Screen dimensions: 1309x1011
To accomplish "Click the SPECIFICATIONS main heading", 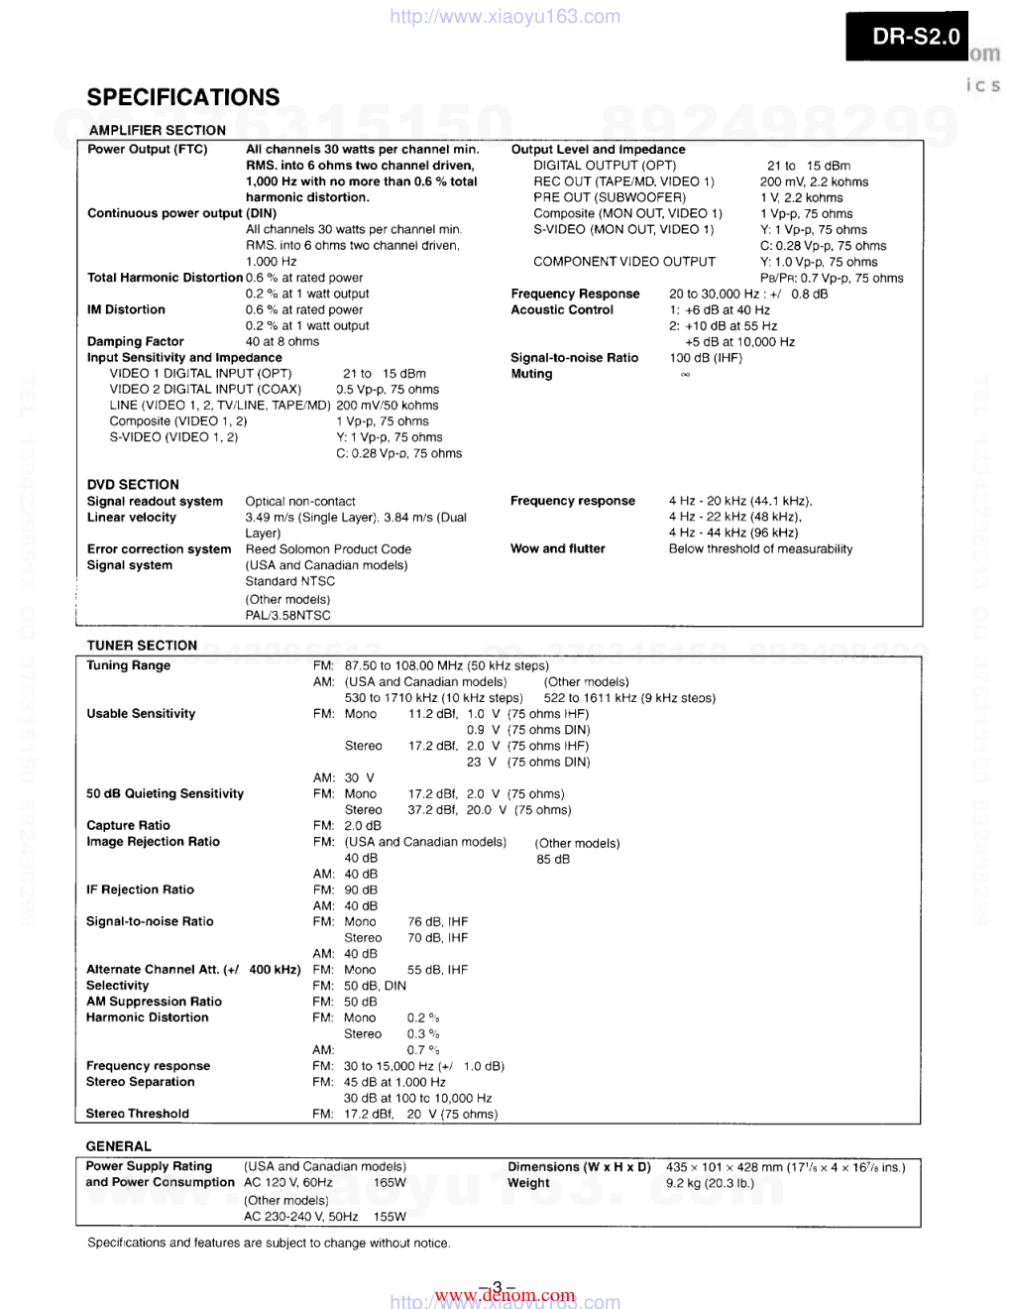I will click(x=183, y=97).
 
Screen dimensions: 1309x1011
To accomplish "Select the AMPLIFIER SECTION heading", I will click(x=157, y=130).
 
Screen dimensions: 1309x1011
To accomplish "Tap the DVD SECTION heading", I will click(x=133, y=485).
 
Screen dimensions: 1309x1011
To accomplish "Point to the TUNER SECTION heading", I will click(x=142, y=646).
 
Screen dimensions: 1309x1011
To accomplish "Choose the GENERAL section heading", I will click(x=119, y=1146).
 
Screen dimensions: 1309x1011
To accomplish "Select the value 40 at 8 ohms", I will click(x=282, y=342).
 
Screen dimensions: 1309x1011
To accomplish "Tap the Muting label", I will click(x=531, y=374).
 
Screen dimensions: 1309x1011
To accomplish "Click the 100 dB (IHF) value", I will click(x=706, y=358).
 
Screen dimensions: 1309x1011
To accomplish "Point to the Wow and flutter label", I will click(x=558, y=549).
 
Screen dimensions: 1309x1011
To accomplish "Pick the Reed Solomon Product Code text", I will click(x=328, y=549).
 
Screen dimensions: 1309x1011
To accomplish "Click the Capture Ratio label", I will click(x=128, y=826).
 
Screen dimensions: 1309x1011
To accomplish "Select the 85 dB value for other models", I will click(x=553, y=860).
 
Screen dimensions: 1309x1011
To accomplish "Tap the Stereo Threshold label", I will click(x=138, y=1115).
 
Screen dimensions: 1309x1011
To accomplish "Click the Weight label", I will click(x=528, y=1183).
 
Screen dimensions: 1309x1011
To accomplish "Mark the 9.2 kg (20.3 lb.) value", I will click(x=710, y=1183).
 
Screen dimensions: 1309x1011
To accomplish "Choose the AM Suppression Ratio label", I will click(x=154, y=1003).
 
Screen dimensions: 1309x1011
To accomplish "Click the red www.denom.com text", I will click(x=505, y=1295).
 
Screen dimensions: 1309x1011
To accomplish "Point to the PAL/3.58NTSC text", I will click(x=288, y=616).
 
